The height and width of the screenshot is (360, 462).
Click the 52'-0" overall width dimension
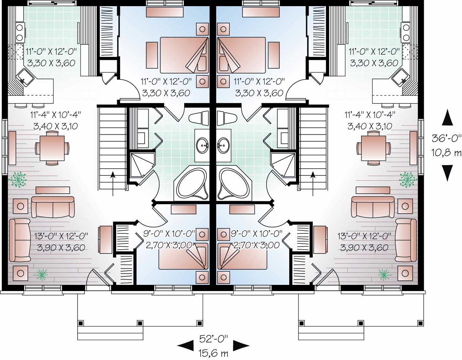[x=214, y=339]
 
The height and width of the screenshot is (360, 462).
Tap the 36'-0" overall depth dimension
[x=446, y=139]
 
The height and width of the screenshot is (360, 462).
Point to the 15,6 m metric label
[x=214, y=352]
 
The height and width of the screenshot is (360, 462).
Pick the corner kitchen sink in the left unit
[x=25, y=77]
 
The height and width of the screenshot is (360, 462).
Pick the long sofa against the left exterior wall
[x=19, y=240]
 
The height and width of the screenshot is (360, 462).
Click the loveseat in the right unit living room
[x=373, y=207]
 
